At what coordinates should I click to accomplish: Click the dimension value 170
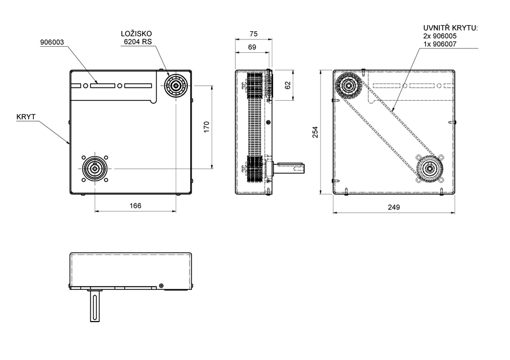[x=206, y=127]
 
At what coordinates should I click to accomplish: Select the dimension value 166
[x=136, y=206]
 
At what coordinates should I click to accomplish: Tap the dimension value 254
[x=316, y=132]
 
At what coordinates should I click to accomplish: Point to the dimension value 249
[x=394, y=206]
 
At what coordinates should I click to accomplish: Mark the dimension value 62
[x=287, y=85]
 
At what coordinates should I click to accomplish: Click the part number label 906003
[x=52, y=43]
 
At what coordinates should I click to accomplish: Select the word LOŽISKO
[x=137, y=35]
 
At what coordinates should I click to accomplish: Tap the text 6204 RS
[x=137, y=43]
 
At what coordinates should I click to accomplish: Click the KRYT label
[x=25, y=118]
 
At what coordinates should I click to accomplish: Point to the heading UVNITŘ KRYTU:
[x=449, y=28]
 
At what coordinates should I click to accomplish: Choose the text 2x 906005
[x=444, y=36]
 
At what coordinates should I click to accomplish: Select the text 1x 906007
[x=444, y=44]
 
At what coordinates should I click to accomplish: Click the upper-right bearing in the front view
[x=176, y=85]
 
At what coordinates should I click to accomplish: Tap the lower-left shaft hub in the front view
[x=95, y=169]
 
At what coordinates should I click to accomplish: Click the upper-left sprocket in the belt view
[x=347, y=87]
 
